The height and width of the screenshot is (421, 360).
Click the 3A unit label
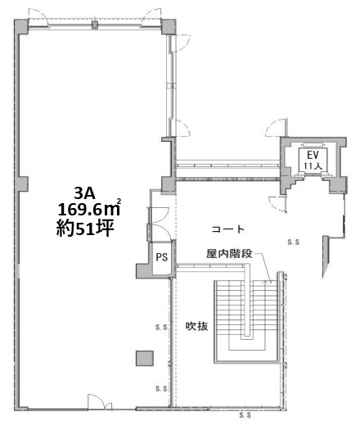coord(84,193)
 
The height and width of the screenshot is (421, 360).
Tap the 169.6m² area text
coord(89,209)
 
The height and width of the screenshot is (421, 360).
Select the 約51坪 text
coord(85,229)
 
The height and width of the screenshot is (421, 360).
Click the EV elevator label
coord(313,155)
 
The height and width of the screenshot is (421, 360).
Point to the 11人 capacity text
coord(313,165)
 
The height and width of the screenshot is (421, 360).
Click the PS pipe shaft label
coord(162,257)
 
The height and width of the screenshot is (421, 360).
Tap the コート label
coord(228,229)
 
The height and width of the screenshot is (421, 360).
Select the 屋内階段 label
coord(229,254)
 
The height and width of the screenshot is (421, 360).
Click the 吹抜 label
coord(196,326)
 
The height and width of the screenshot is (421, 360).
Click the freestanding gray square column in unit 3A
coord(145,358)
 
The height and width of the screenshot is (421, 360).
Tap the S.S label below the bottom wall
coord(245,415)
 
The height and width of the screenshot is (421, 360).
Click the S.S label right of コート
coord(294,242)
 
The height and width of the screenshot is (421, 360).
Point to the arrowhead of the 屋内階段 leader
coord(270,281)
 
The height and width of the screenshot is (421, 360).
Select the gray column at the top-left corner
coord(21,26)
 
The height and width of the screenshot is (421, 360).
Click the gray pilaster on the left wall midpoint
coord(21,184)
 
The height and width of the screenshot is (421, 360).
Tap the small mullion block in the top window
coord(94,25)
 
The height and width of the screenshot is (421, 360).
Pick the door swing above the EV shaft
coord(277,127)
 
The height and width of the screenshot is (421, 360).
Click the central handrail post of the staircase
coord(247,301)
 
